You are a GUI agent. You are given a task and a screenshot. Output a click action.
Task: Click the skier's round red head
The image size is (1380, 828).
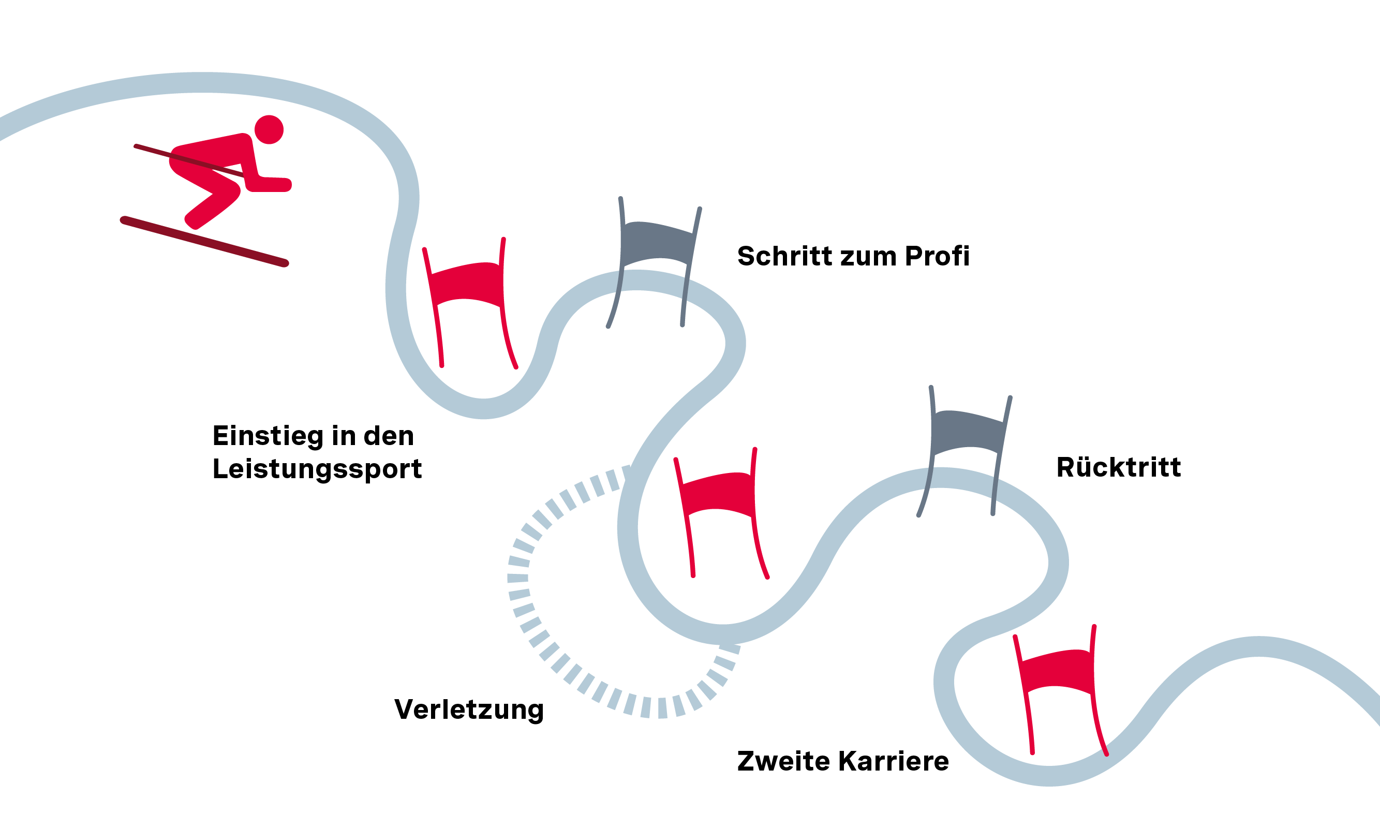(269, 129)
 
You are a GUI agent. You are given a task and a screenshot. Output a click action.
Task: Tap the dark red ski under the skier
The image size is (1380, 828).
(204, 242)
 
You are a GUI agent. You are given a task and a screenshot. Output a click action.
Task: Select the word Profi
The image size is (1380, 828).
(937, 256)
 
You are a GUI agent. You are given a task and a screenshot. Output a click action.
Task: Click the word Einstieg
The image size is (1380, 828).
(268, 436)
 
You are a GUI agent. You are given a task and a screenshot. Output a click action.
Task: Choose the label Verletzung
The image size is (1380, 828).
(469, 709)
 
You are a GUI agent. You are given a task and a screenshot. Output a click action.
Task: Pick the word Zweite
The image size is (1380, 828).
(783, 762)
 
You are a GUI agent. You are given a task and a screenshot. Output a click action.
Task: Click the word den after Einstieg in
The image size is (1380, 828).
(389, 436)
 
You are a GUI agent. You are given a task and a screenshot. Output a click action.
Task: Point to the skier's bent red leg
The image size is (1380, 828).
(212, 195)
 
